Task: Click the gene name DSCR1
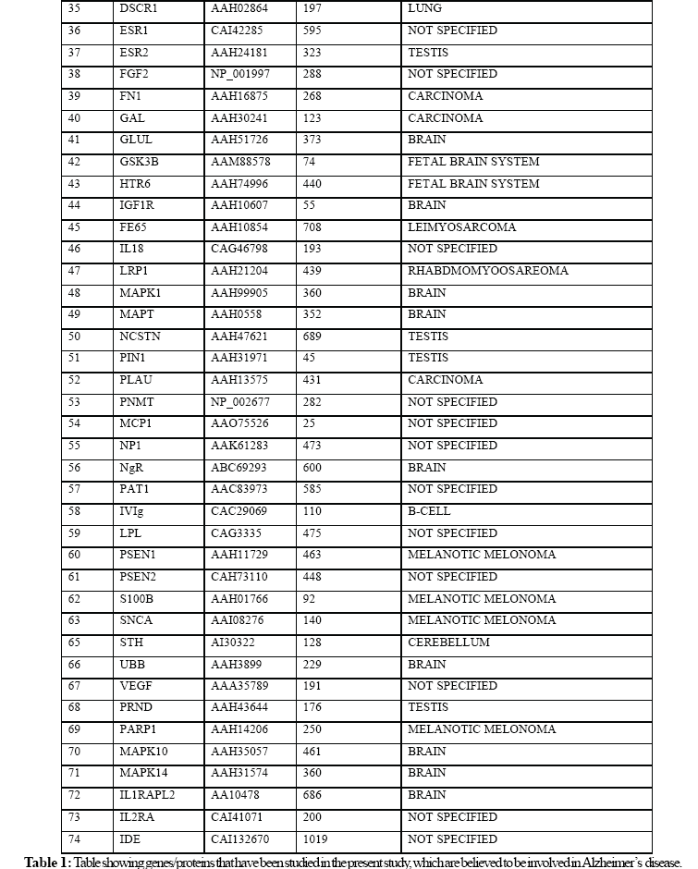138,8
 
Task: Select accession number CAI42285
239,31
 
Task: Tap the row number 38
76,74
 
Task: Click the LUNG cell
424,8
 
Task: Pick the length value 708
315,227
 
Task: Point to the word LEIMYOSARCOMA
461,227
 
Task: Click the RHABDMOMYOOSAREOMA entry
488,271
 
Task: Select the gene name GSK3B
140,162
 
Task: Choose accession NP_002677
240,402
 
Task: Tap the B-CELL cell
430,511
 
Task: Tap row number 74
76,839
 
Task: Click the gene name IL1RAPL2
148,795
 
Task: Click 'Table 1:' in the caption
46,862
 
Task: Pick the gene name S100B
137,599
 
